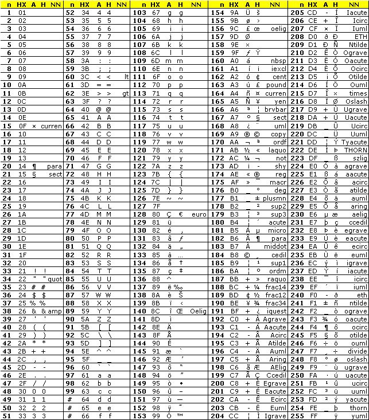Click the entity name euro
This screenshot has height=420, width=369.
[199, 214]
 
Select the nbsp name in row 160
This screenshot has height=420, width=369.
[279, 60]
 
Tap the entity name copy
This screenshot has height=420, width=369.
[279, 134]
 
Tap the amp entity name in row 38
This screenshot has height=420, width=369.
[55, 311]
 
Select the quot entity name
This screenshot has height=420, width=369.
[55, 279]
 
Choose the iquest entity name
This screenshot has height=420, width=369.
[277, 311]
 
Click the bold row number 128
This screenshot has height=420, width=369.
[139, 214]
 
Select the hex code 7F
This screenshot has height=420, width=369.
[155, 206]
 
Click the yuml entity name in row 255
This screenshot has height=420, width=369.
[360, 415]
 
